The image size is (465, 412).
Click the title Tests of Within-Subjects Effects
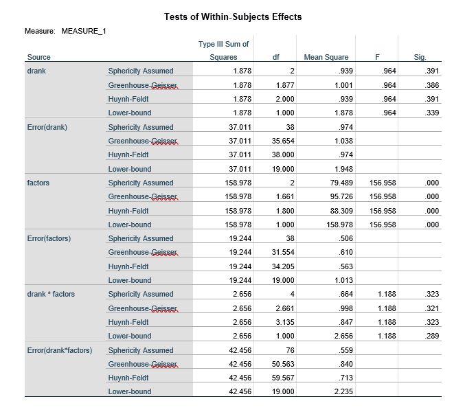coord(233,16)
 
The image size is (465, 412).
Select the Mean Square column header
coord(326,57)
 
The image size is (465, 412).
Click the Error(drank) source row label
coord(47,127)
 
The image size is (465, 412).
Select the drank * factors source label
coord(51,295)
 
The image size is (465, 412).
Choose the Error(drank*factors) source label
coord(59,350)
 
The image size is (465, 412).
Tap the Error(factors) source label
coord(49,238)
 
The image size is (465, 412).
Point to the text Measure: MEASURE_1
coord(65,32)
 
